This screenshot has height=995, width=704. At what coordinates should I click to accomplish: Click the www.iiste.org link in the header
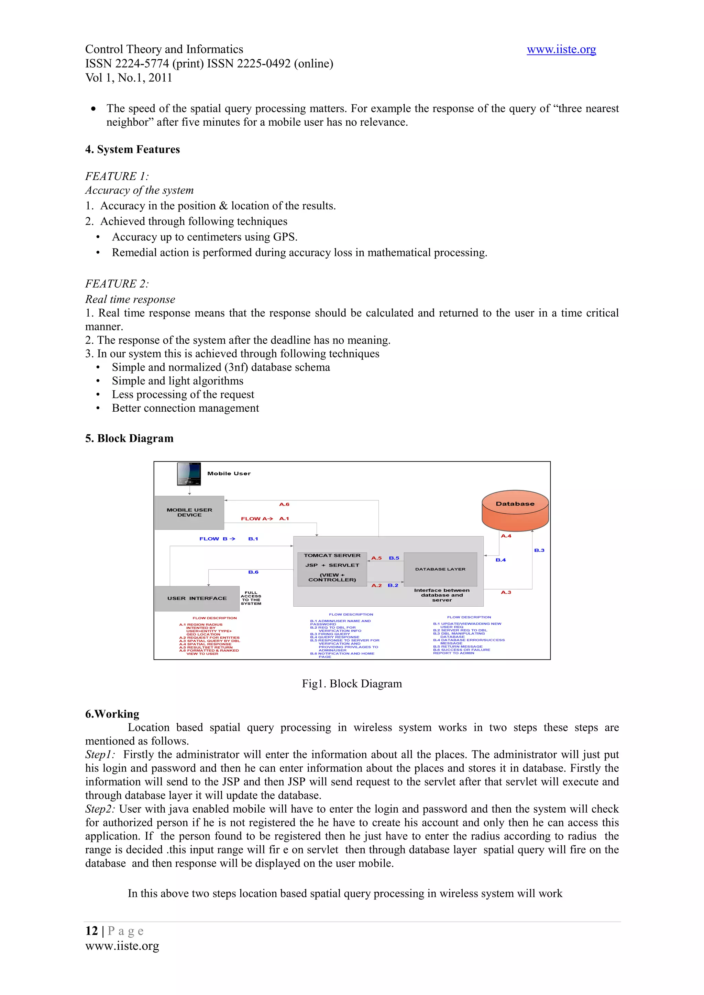point(561,49)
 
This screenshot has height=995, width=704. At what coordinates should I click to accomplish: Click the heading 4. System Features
point(132,149)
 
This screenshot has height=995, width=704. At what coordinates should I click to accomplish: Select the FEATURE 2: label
point(117,284)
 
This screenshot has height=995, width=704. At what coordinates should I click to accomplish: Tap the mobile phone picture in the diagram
point(189,474)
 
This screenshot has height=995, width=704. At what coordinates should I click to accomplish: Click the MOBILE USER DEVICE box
point(189,513)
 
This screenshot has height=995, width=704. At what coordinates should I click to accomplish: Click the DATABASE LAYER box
point(440,569)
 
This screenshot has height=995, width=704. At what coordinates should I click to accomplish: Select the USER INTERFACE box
point(197,598)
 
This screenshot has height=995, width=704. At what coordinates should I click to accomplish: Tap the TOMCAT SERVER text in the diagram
point(332,556)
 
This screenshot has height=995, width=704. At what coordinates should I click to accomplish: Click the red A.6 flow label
point(284,504)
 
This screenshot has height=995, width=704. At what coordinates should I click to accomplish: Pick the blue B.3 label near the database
point(539,550)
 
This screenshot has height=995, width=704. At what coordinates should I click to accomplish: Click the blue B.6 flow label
point(253,572)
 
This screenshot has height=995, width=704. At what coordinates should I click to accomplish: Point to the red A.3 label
point(506,592)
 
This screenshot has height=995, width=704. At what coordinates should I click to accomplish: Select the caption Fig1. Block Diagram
point(352,684)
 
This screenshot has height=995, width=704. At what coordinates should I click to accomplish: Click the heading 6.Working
point(112,714)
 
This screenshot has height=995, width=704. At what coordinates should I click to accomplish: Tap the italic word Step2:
point(100,809)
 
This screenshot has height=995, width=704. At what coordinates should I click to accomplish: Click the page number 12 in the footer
point(91,931)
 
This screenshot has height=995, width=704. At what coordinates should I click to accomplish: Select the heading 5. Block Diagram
point(129,438)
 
